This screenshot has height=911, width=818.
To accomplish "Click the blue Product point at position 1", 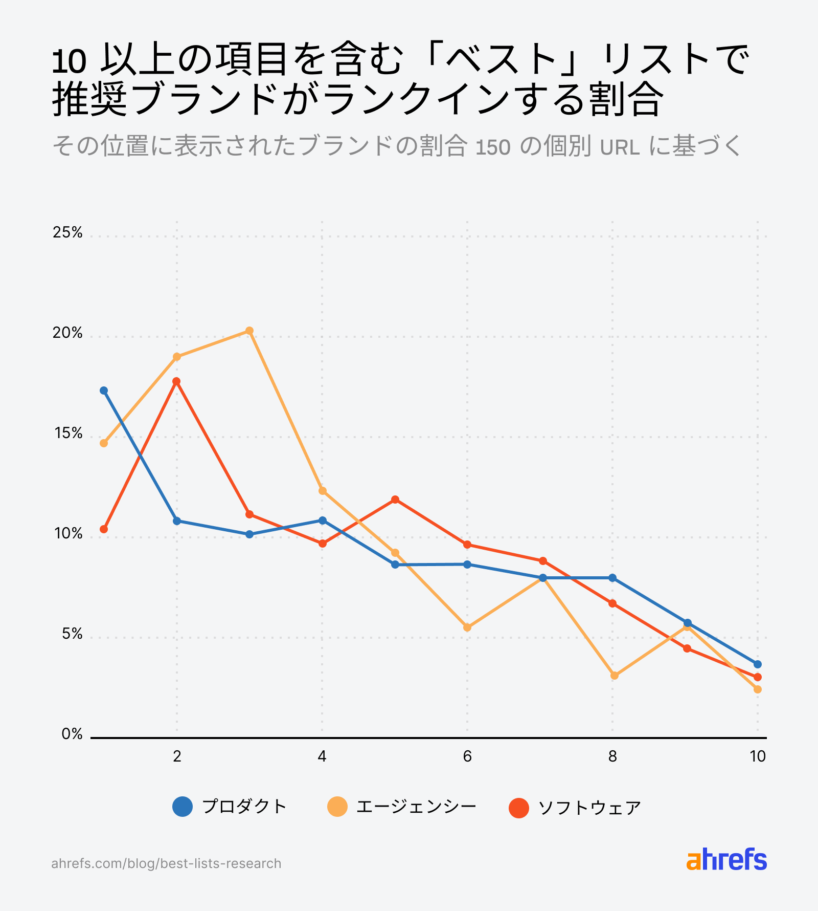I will point(104,391).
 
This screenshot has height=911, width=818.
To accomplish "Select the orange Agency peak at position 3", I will point(249,331).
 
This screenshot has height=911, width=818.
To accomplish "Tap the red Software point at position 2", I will point(176,381).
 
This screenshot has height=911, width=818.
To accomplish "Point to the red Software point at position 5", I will point(395,500).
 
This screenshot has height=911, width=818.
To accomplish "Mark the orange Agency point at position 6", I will point(467,627).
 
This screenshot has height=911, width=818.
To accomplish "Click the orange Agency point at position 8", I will point(615,676).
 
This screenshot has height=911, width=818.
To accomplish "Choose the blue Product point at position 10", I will point(758,664).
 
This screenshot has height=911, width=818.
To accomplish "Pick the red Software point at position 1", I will point(104,529).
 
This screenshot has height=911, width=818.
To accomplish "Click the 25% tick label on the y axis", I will point(67,233).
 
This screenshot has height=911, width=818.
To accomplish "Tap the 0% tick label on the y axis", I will point(72,734).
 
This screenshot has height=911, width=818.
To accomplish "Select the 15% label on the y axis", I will point(67,433).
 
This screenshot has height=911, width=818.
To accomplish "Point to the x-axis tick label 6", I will point(467,756).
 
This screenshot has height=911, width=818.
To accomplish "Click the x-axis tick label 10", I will point(758,756).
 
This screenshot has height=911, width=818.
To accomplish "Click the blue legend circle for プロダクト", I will point(183,807).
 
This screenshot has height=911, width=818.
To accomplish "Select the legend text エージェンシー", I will point(416,807).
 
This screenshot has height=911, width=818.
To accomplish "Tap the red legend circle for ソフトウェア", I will point(519,808).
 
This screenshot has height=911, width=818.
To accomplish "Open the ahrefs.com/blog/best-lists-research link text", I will point(166,863).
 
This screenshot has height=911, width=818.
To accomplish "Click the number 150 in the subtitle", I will point(493,148).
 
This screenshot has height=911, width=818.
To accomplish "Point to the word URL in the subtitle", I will point(620,148).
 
